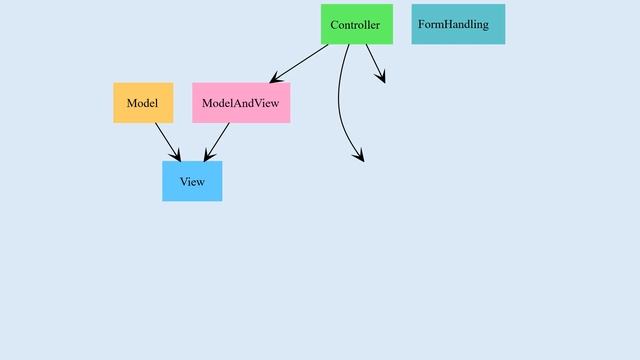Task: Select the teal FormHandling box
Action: (x=458, y=24)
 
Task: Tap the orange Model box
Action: (x=143, y=103)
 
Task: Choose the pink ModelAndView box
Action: (x=241, y=103)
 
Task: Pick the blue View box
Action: (x=192, y=181)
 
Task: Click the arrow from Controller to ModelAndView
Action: (x=300, y=63)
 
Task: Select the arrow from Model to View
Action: (x=167, y=141)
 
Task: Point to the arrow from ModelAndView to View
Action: (x=218, y=141)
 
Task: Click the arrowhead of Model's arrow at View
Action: (x=176, y=154)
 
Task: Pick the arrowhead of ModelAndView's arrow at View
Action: (x=209, y=154)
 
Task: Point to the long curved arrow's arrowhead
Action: (x=359, y=154)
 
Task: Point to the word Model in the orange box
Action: (x=143, y=103)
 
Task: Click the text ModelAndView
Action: (x=241, y=103)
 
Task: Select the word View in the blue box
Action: (x=192, y=181)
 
